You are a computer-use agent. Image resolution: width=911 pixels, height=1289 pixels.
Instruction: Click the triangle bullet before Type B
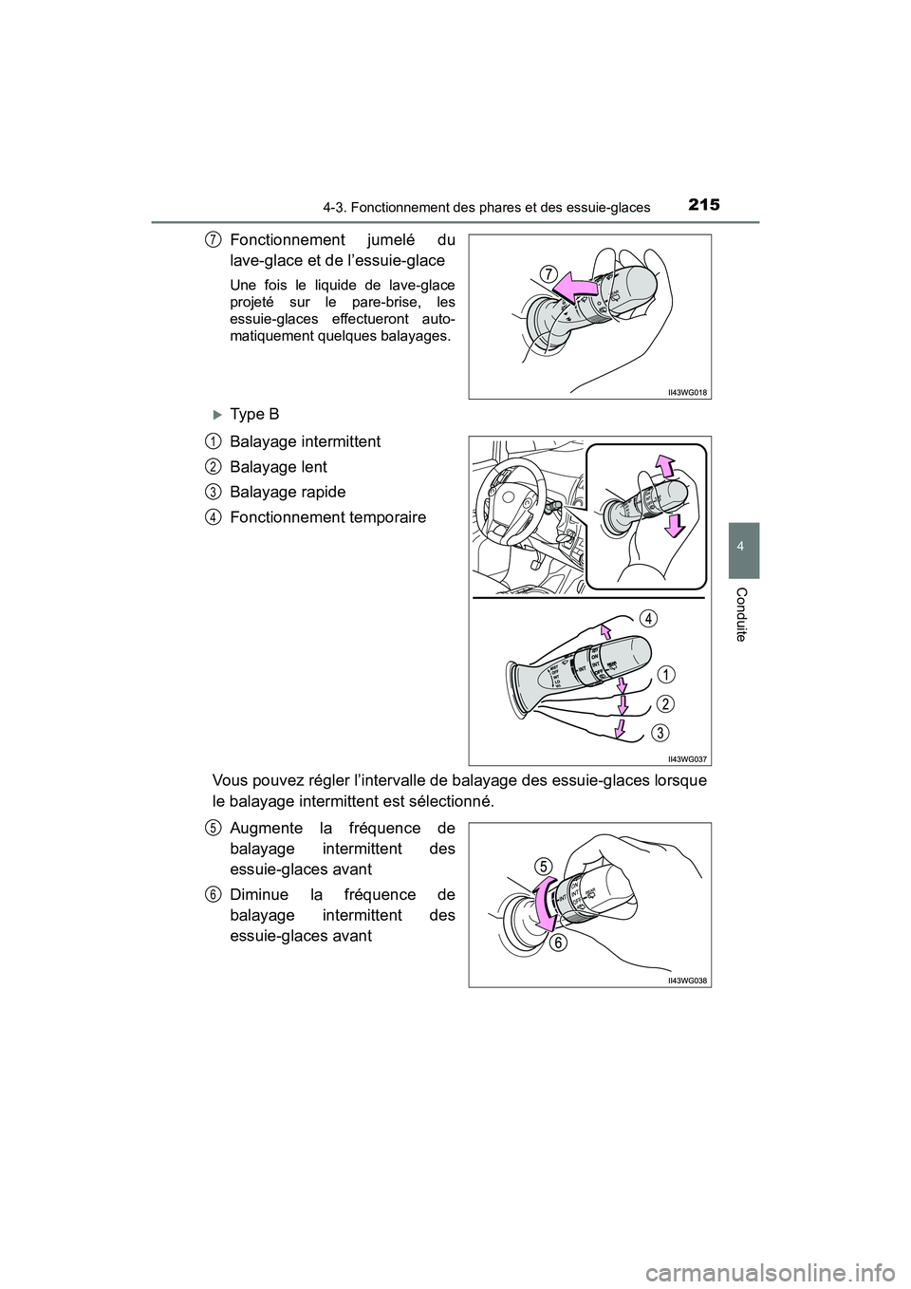(x=217, y=415)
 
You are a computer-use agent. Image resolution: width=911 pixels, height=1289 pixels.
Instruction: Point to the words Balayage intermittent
(x=305, y=441)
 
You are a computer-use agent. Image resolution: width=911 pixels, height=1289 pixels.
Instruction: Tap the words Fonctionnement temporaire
(x=327, y=517)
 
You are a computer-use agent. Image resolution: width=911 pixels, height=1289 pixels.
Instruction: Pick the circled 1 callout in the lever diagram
(x=668, y=674)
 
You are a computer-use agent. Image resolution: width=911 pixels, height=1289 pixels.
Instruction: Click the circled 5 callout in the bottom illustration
(x=542, y=865)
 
